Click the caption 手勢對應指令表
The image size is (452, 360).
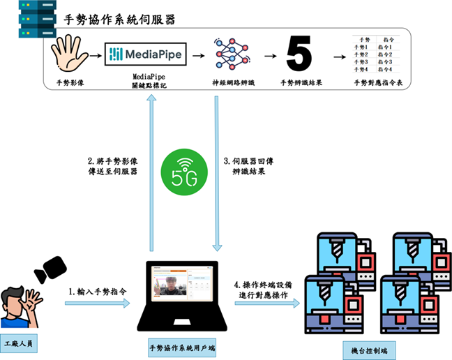(379, 82)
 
